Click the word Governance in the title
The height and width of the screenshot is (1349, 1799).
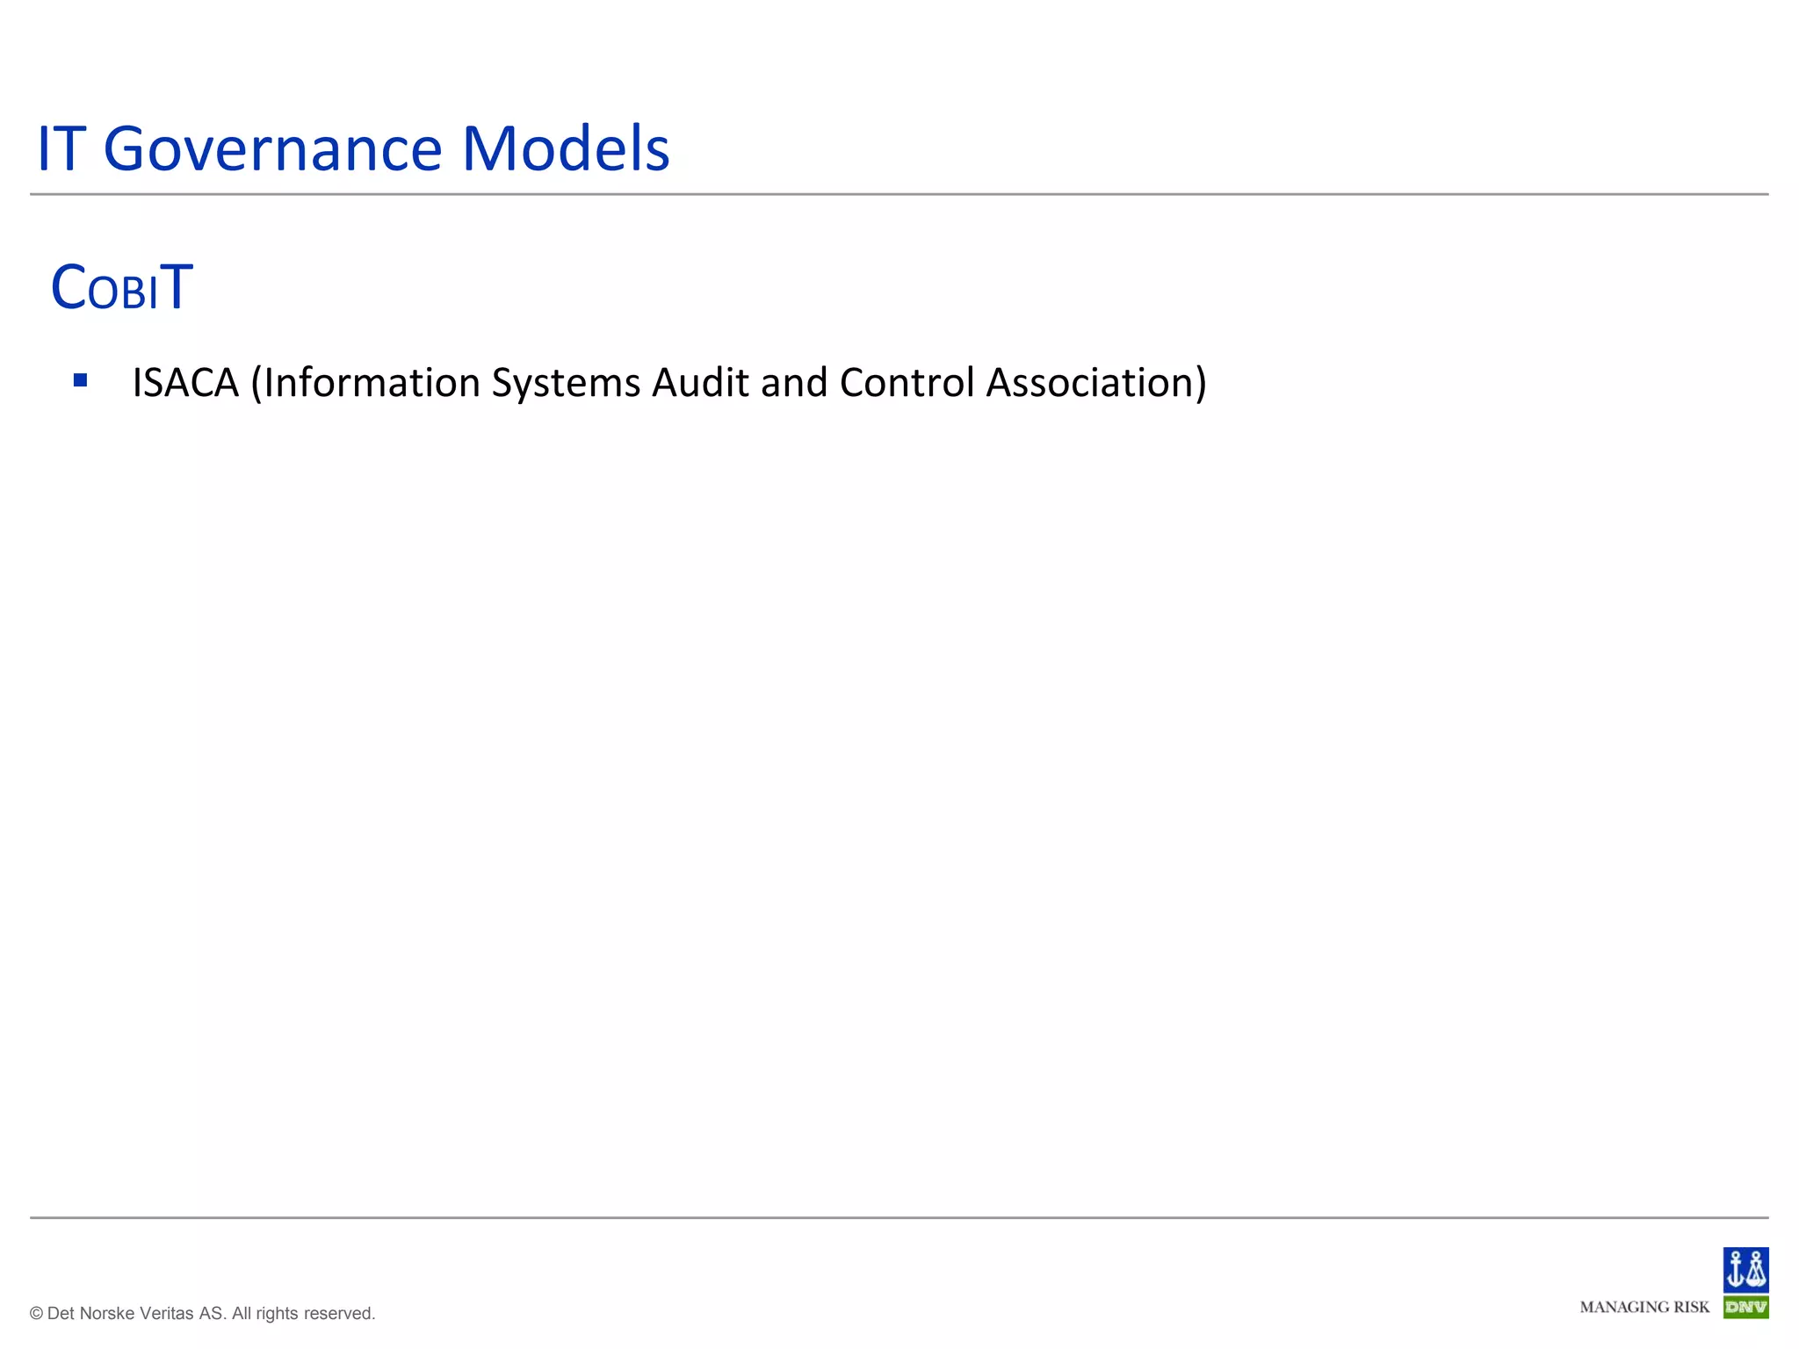(273, 149)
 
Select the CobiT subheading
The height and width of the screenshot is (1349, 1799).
(121, 287)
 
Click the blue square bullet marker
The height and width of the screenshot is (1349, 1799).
(81, 380)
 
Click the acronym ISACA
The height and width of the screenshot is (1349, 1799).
(185, 383)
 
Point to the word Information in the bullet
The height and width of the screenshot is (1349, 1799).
(369, 383)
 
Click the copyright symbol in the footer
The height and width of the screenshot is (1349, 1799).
(36, 1314)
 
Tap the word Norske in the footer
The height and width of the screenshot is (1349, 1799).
(106, 1314)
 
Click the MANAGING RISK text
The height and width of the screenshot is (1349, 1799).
(1644, 1307)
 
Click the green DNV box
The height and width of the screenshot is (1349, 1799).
(1745, 1307)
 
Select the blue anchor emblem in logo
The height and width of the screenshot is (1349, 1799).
(1745, 1269)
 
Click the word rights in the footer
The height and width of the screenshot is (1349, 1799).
(277, 1314)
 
